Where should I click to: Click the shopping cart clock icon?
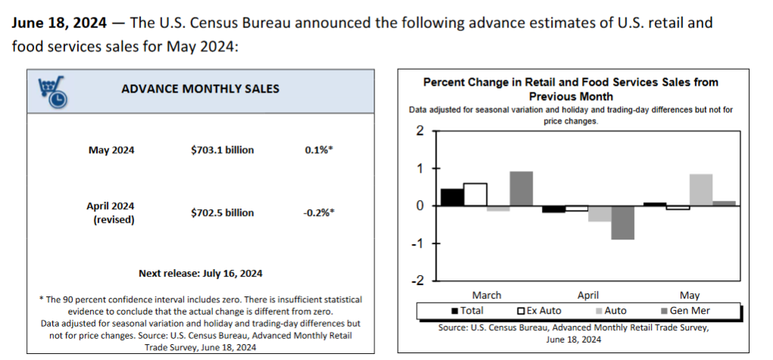(52, 89)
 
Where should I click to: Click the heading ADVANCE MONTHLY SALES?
(200, 89)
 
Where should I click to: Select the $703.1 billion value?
(222, 150)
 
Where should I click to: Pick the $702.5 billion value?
(222, 213)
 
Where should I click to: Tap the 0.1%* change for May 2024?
(318, 150)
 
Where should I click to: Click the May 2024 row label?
(111, 150)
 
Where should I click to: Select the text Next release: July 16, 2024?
(200, 273)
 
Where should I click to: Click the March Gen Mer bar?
(521, 189)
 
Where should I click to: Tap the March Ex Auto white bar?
(475, 195)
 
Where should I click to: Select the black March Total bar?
(452, 197)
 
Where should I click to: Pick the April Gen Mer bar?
(623, 223)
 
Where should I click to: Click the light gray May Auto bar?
(701, 190)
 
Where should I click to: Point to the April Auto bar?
(599, 214)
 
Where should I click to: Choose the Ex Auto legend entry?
(541, 311)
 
